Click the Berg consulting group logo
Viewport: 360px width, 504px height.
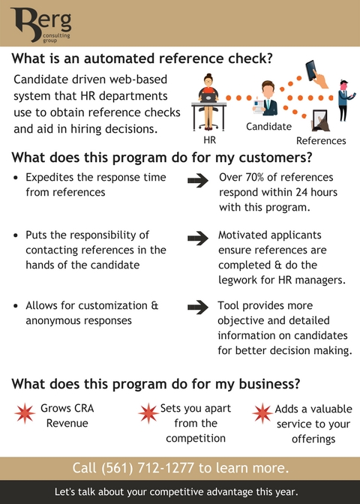(41, 25)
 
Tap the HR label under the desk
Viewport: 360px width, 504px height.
(209, 140)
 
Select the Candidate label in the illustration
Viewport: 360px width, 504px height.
(268, 126)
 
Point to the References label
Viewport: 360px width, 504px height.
(321, 141)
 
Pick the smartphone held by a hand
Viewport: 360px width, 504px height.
(316, 74)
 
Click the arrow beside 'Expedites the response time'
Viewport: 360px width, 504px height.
(198, 181)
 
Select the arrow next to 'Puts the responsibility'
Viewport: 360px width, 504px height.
(198, 238)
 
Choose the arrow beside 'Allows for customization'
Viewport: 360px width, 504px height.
(198, 307)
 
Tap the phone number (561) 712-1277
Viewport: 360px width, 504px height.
(148, 468)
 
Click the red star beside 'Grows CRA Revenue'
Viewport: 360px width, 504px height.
(25, 413)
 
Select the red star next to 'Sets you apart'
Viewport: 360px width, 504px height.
(148, 413)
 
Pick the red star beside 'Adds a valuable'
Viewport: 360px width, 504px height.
(262, 413)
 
